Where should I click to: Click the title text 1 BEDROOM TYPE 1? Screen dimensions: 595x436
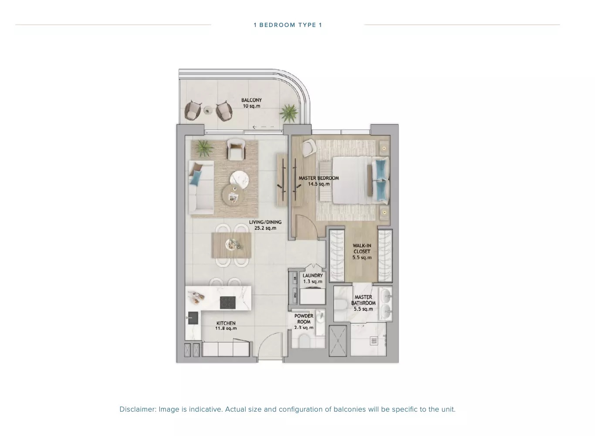[x=287, y=25]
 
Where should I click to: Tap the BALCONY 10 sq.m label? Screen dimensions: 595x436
[x=251, y=103]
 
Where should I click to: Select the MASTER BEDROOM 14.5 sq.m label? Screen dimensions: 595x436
[x=319, y=181]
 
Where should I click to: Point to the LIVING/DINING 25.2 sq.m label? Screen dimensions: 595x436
[x=265, y=225]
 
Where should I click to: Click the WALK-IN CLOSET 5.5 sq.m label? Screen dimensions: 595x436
[x=362, y=252]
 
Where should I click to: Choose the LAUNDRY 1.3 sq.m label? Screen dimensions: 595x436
[x=313, y=278]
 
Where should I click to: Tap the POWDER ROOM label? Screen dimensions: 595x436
[x=304, y=319]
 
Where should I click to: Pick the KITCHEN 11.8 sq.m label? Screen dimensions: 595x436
[x=226, y=325]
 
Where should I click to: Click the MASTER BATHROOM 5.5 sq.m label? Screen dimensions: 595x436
[x=363, y=303]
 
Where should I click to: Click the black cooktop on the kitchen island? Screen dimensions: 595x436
[x=228, y=302]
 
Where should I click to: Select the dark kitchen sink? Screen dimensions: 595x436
[x=193, y=318]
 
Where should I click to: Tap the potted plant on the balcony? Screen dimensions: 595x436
[x=289, y=113]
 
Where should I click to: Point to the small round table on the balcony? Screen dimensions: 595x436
[x=208, y=110]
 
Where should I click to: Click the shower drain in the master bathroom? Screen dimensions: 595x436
[x=374, y=341]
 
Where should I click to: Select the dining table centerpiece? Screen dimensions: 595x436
[x=233, y=244]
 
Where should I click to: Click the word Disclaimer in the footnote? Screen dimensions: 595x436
[x=138, y=409]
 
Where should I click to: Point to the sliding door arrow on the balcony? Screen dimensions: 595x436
[x=263, y=127]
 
